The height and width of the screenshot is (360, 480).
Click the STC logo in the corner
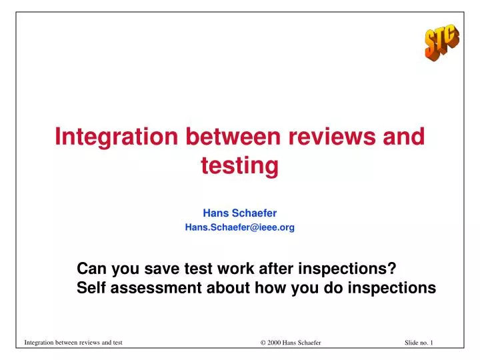(442, 42)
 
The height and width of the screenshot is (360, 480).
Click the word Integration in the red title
(116, 137)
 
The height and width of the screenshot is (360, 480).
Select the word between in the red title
(233, 136)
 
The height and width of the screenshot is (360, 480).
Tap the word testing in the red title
(240, 166)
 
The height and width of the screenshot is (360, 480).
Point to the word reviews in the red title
(332, 137)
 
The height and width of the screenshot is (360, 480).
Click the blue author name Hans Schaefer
(240, 213)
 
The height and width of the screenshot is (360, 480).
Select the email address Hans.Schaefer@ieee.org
(240, 227)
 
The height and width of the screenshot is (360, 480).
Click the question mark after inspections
(392, 268)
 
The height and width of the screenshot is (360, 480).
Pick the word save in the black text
(161, 269)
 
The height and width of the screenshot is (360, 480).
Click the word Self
(91, 287)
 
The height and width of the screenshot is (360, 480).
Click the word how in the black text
(270, 287)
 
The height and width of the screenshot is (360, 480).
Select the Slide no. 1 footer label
(419, 343)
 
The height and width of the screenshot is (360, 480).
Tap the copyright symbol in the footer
(263, 343)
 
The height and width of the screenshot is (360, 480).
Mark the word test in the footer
(117, 343)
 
